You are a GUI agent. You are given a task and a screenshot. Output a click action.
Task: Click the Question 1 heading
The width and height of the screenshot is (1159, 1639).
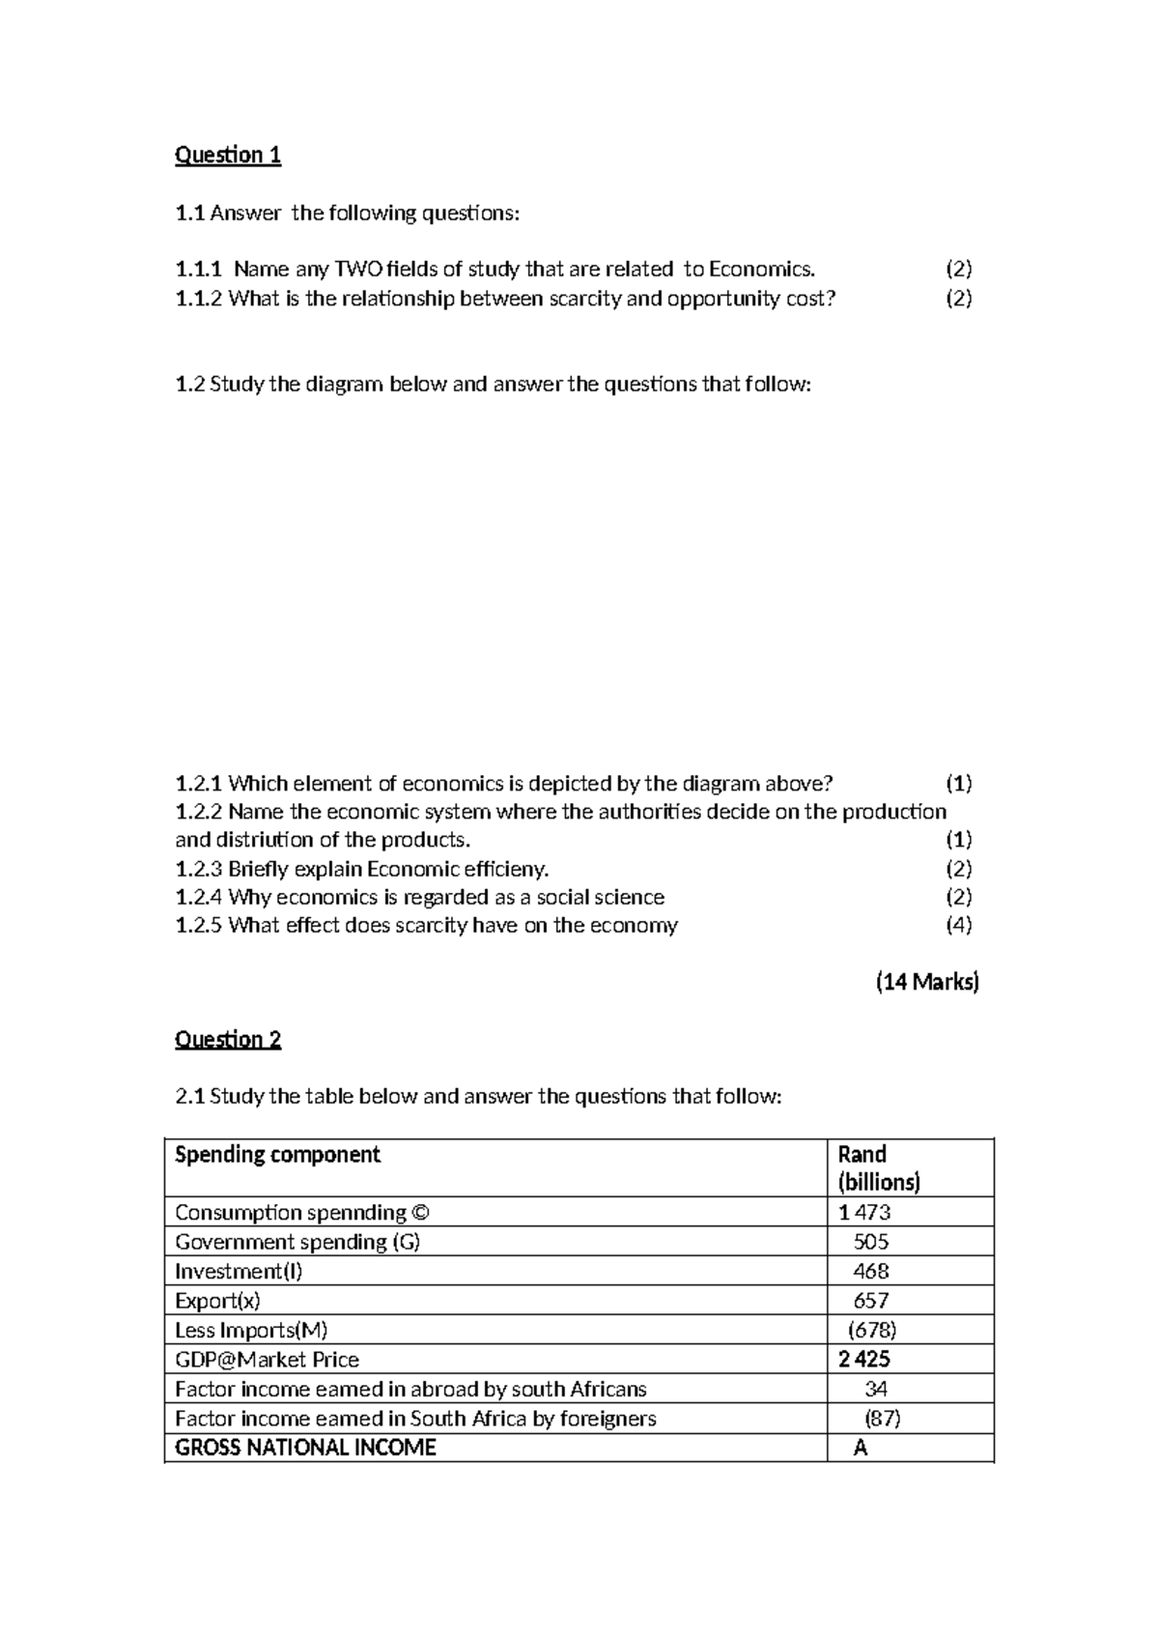click(227, 155)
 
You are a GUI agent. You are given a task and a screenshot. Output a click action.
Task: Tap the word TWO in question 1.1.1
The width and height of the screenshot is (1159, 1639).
click(355, 269)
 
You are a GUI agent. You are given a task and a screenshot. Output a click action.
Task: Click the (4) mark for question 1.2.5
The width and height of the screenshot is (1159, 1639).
click(958, 925)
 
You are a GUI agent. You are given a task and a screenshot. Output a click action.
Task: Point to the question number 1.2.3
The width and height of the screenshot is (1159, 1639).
click(198, 868)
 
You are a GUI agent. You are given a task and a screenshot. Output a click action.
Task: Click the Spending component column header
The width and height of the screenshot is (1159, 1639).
click(277, 1154)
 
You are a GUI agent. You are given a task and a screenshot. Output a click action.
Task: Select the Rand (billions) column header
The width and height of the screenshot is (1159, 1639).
click(878, 1167)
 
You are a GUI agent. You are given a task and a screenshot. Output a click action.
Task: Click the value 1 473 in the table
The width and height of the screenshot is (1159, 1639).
click(864, 1212)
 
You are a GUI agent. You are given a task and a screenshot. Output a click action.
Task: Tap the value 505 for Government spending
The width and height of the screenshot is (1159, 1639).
click(871, 1242)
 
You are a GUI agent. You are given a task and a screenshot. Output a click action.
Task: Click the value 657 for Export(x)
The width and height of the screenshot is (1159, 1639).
click(871, 1301)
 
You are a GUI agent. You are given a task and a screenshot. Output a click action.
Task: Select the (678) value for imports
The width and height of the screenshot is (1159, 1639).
click(872, 1330)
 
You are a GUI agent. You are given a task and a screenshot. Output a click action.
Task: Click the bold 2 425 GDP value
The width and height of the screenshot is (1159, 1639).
click(864, 1359)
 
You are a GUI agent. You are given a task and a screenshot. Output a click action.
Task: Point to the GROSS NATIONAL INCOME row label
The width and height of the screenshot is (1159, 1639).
click(305, 1447)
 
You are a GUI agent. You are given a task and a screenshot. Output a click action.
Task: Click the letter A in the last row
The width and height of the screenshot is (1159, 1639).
click(860, 1448)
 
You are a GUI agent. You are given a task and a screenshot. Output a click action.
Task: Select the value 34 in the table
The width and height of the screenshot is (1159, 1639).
click(876, 1389)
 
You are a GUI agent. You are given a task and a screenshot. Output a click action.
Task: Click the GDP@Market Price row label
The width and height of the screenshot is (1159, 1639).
click(267, 1359)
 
